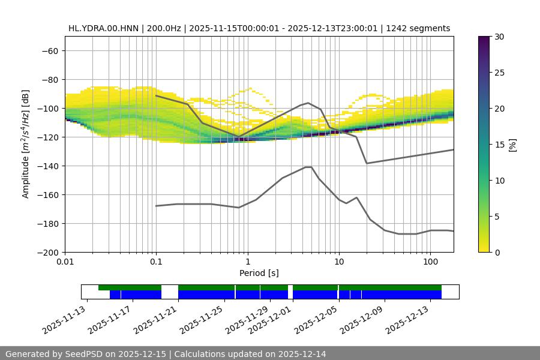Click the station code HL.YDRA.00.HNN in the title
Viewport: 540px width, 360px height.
[103, 28]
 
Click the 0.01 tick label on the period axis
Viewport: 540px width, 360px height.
[65, 262]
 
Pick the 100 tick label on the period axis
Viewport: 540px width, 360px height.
[430, 262]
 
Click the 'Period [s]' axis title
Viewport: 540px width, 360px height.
[259, 273]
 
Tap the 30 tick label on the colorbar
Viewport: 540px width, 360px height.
[499, 37]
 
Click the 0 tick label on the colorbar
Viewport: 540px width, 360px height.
[497, 253]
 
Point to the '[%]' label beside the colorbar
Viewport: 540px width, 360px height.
[513, 144]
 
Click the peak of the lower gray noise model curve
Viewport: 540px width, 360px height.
[308, 167]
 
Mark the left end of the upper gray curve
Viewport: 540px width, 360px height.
[156, 95]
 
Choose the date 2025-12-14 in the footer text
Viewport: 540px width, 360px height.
[302, 354]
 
